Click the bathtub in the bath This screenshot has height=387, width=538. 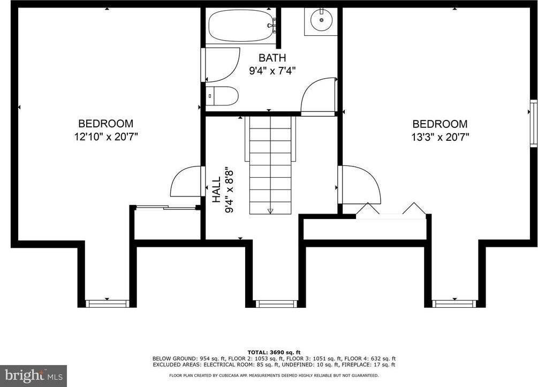point(240,25)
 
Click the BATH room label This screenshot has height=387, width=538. point(272,58)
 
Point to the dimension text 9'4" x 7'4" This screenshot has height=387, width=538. point(272,70)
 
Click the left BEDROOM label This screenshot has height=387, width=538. point(105,124)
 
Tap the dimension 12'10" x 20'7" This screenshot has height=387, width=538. point(106,136)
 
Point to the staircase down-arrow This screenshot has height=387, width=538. point(270,211)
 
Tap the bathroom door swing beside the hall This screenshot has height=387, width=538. point(319,97)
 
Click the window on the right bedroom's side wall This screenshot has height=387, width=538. point(533,123)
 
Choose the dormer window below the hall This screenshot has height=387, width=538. point(275,303)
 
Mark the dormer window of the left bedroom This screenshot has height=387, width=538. point(107,303)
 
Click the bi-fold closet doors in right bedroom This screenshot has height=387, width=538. point(391,211)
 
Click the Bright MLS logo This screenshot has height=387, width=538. point(33,375)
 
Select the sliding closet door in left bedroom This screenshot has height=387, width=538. point(166,208)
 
